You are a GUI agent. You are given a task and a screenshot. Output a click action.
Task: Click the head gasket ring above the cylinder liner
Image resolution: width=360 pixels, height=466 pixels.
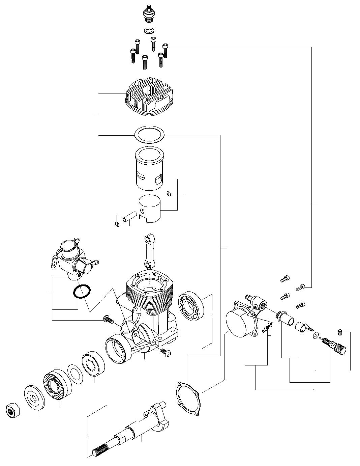(x=149, y=135)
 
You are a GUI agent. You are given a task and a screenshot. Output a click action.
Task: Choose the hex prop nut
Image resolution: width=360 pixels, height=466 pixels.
(x=13, y=410)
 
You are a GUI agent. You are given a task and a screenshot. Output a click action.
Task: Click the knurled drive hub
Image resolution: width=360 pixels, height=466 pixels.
(x=56, y=385)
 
